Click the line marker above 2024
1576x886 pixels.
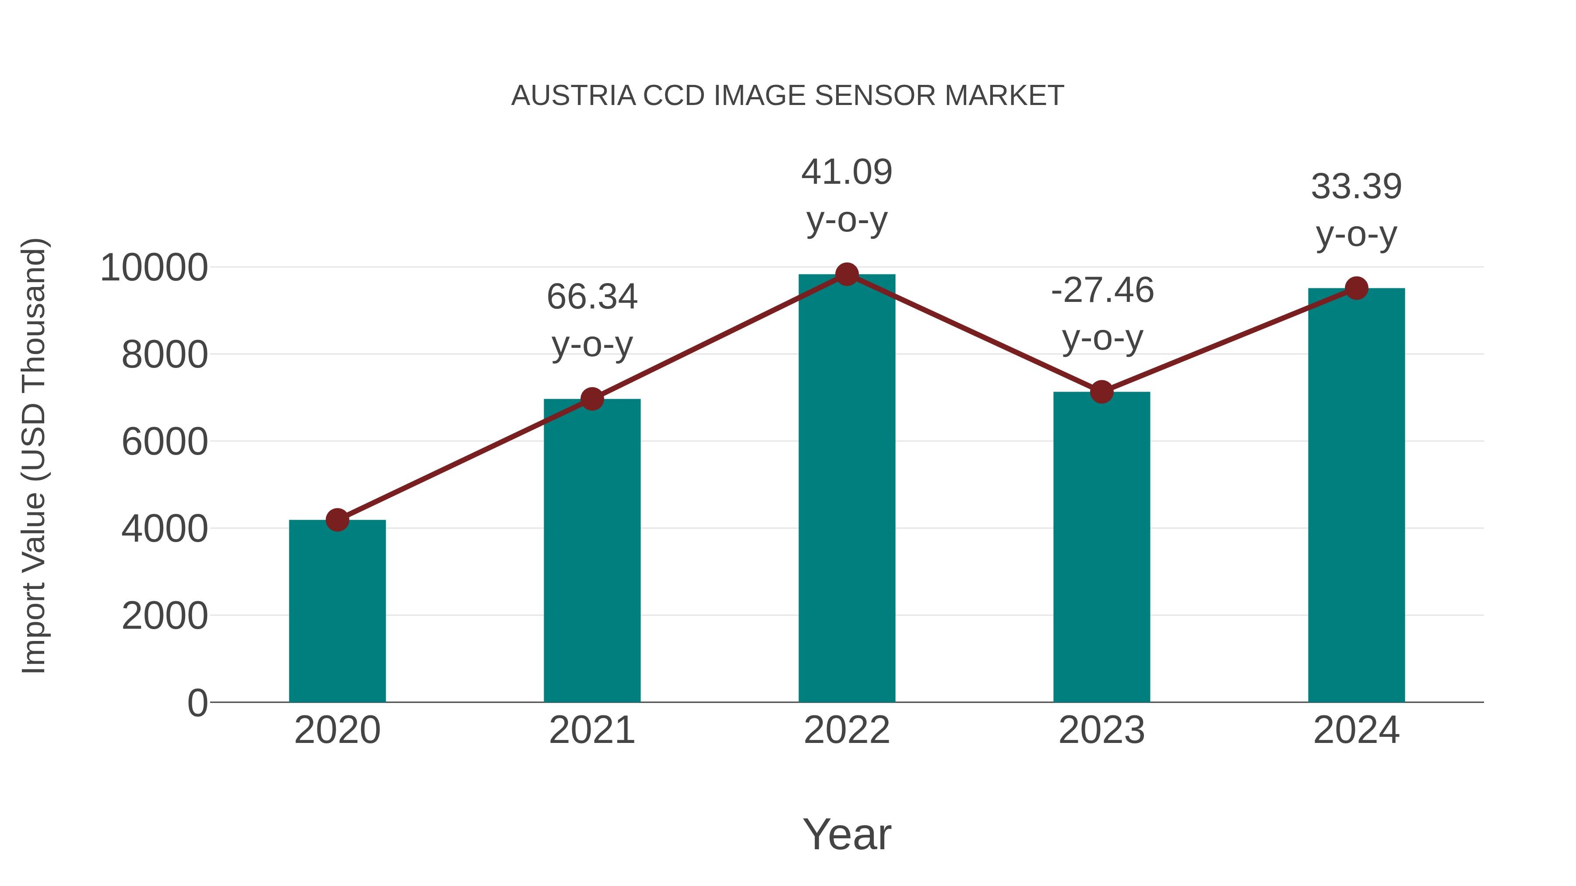pyautogui.click(x=1356, y=288)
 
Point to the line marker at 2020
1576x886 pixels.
pyautogui.click(x=337, y=520)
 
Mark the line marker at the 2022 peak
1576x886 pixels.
pyautogui.click(x=847, y=274)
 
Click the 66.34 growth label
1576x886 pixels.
pyautogui.click(x=591, y=297)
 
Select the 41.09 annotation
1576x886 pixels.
pyautogui.click(x=847, y=172)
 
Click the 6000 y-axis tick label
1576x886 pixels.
pyautogui.click(x=165, y=441)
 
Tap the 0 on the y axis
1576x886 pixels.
pyautogui.click(x=197, y=703)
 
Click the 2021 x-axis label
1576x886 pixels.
pyautogui.click(x=591, y=730)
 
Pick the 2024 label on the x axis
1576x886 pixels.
pyautogui.click(x=1356, y=730)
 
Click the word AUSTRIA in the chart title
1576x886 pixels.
pyautogui.click(x=573, y=96)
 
